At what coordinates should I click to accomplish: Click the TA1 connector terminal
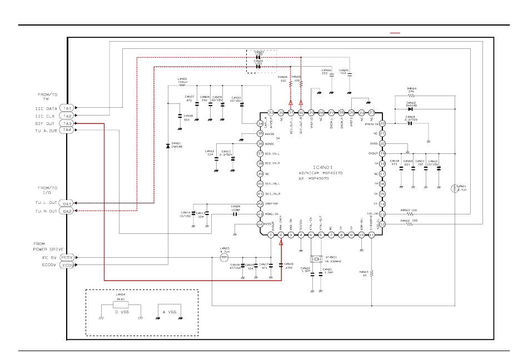[67, 108]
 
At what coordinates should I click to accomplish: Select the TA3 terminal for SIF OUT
[67, 123]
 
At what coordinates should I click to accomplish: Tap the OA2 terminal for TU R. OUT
[67, 211]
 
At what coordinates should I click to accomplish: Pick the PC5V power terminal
[67, 257]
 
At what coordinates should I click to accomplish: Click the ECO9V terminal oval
[67, 265]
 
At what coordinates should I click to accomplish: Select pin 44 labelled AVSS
[260, 224]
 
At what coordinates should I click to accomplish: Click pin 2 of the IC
[281, 236]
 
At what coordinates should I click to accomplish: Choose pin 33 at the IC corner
[271, 112]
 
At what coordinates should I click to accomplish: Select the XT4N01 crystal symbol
[316, 259]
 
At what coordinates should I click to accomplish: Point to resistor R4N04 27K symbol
[411, 96]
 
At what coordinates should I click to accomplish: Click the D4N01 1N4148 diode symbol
[168, 146]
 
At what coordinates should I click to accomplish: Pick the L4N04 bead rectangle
[121, 304]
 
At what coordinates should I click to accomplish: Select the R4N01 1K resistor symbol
[371, 273]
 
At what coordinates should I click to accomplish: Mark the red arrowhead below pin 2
[281, 244]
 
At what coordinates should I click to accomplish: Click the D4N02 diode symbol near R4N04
[411, 109]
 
